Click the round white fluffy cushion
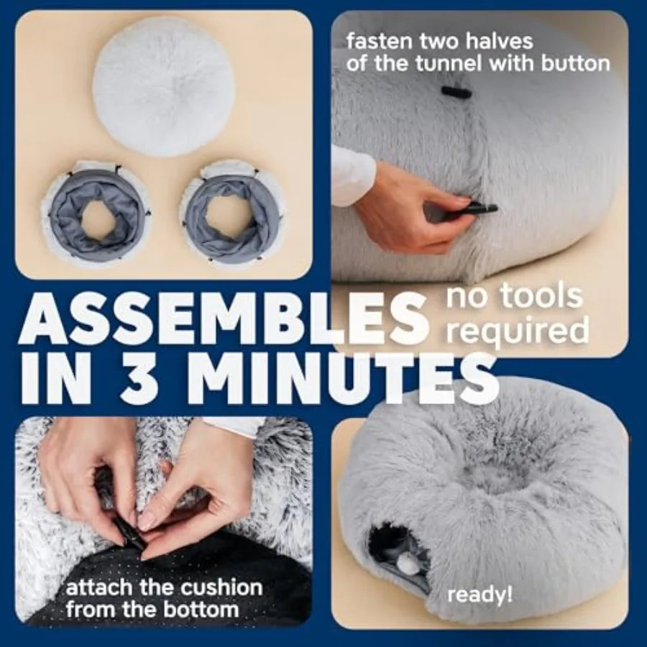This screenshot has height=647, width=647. [x=163, y=88]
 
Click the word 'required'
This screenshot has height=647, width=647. [x=518, y=330]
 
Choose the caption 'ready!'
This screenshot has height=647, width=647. [x=480, y=595]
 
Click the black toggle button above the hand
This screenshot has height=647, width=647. [x=456, y=92]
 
